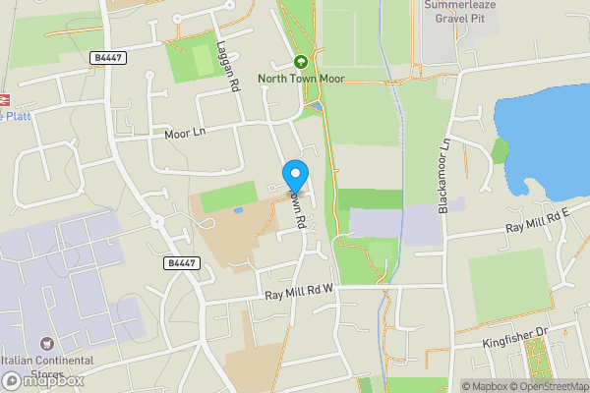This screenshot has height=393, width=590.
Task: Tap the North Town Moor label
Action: pyautogui.click(x=301, y=79)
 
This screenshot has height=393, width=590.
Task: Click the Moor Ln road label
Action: pyautogui.click(x=186, y=133)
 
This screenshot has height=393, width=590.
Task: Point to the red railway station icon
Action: pyautogui.click(x=4, y=99)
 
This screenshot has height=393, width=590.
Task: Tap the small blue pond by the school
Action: pyautogui.click(x=238, y=209)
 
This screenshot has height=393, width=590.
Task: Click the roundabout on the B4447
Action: pyautogui.click(x=157, y=221)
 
